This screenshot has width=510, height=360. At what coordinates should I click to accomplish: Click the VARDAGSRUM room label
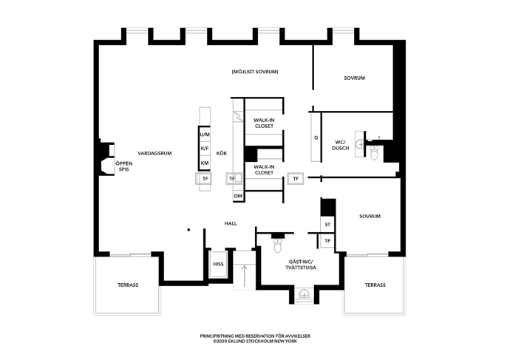[154, 153]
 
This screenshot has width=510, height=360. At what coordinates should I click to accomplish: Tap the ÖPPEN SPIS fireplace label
[124, 166]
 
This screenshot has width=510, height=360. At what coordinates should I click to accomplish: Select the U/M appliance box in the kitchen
[205, 134]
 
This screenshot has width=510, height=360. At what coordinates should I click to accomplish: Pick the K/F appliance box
[205, 149]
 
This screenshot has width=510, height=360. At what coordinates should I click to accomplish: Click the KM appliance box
[205, 163]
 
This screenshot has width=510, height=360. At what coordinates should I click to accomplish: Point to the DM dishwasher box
[238, 196]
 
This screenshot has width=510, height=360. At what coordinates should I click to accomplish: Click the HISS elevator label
[218, 264]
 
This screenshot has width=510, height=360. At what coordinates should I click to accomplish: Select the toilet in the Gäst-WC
[278, 245]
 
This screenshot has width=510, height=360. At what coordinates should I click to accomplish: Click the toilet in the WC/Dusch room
[374, 153]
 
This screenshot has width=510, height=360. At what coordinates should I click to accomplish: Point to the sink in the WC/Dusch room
[360, 143]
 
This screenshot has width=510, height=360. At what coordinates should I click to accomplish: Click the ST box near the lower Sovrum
[327, 225]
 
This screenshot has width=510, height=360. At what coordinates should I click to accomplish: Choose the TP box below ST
[327, 241]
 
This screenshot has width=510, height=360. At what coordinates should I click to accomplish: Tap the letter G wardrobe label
[316, 137]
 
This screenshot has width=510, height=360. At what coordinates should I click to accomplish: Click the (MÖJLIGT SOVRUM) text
[255, 72]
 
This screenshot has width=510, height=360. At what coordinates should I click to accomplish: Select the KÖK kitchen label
[222, 153]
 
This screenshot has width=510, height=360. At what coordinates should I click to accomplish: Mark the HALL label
[231, 223]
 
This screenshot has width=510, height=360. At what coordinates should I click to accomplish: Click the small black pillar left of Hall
[188, 230]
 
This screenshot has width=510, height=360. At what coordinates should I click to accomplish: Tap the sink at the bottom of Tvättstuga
[305, 293]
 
